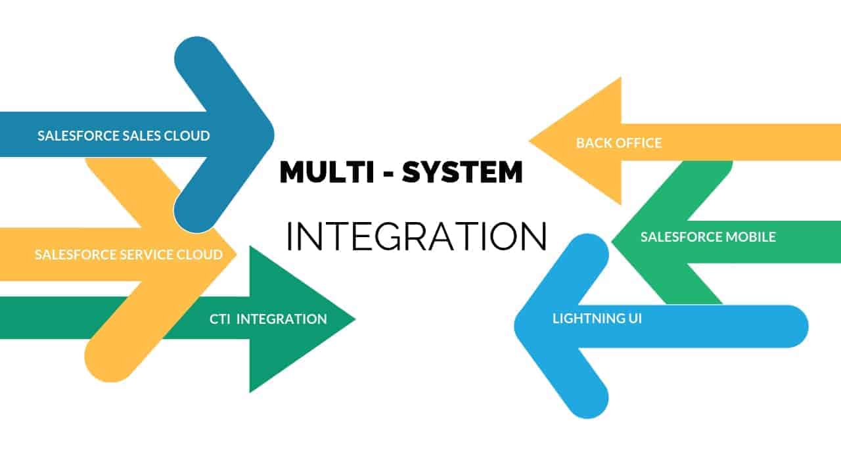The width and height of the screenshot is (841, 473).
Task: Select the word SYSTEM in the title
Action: point(463,172)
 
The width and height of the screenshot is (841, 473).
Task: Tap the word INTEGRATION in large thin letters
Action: point(417,236)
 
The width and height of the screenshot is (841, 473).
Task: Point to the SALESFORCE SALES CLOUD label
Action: point(124,136)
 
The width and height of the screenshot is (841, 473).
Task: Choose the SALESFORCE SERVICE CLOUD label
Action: point(129,254)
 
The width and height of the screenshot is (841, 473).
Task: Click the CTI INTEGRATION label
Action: point(268,319)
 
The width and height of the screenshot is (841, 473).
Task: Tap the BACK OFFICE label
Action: point(619,143)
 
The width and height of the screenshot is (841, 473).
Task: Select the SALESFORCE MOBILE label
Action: point(708,237)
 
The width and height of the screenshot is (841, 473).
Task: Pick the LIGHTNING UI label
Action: point(597,319)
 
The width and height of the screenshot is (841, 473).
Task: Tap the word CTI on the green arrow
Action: point(219,319)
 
